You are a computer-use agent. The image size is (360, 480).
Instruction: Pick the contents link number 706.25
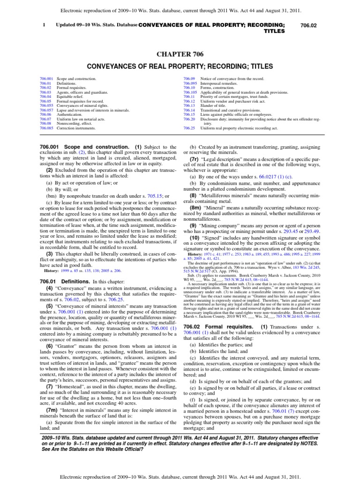[x=189, y=127]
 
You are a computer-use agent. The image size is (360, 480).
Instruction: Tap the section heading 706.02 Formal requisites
[x=219, y=339]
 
